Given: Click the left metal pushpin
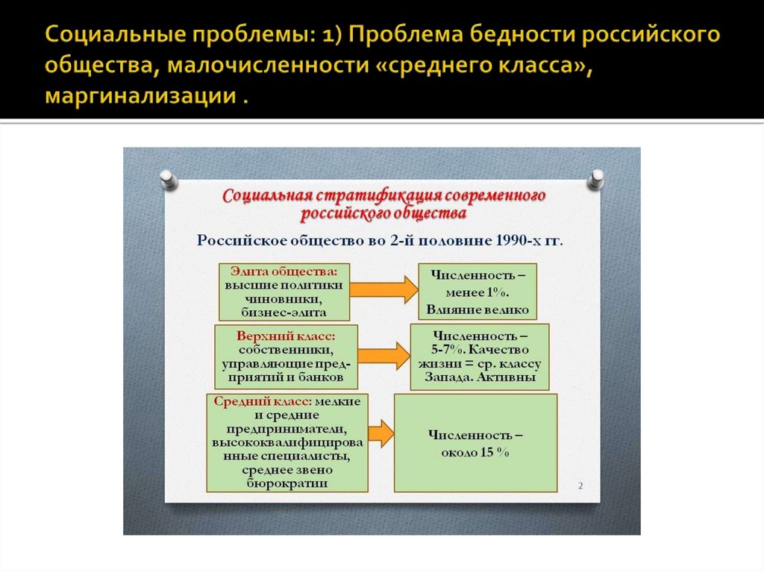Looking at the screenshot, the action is pyautogui.click(x=168, y=179).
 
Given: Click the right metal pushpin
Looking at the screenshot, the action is pyautogui.click(x=596, y=178).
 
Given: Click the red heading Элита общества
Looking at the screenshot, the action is pyautogui.click(x=284, y=271).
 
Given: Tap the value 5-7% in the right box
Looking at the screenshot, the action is pyautogui.click(x=448, y=349).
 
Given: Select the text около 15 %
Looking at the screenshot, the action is pyautogui.click(x=475, y=452).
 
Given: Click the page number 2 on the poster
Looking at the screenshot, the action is pyautogui.click(x=580, y=486).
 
